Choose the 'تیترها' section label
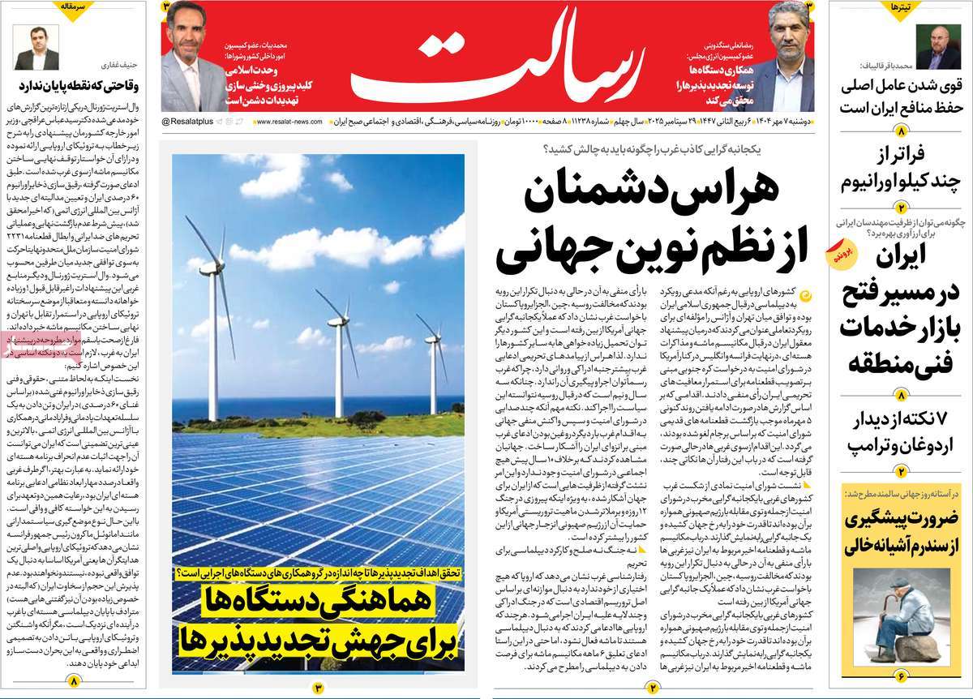899,6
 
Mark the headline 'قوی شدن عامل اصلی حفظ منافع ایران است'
904,96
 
